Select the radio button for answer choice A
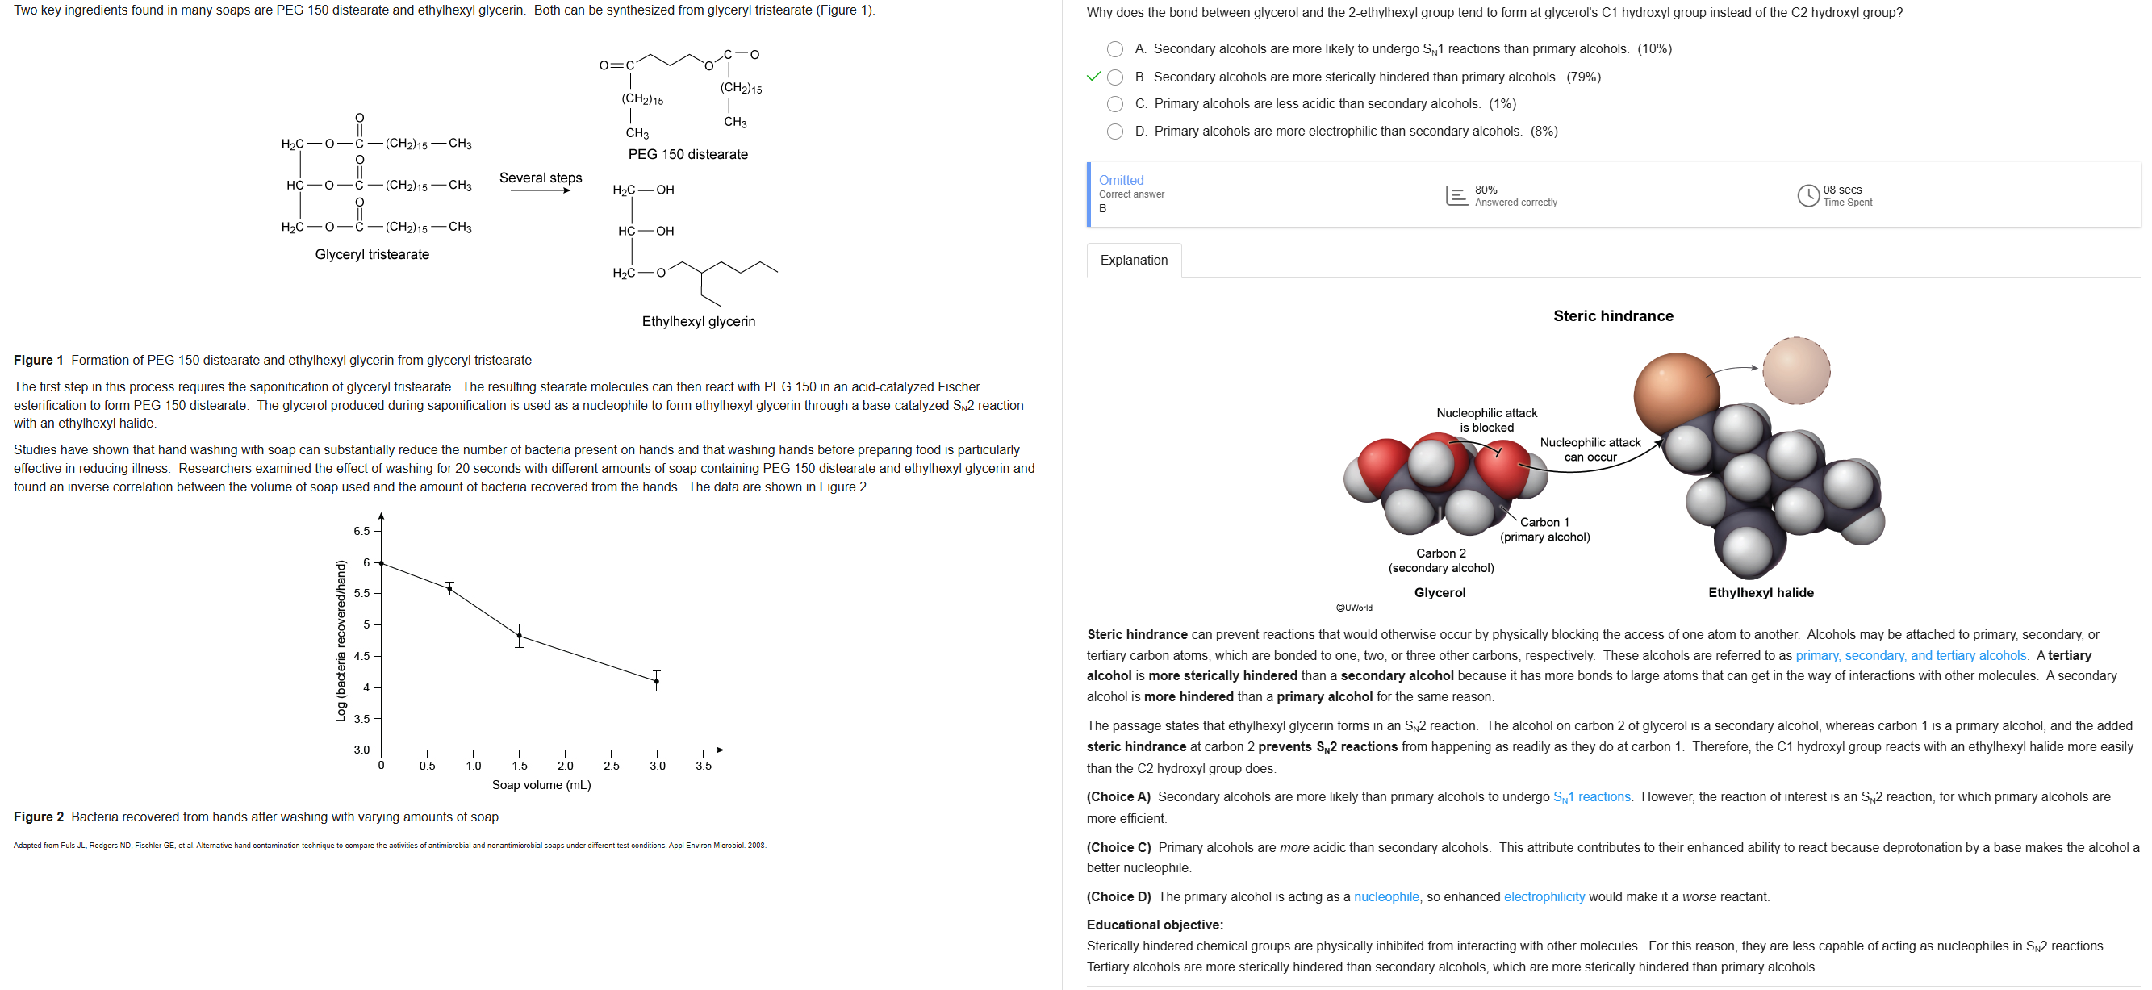click(1114, 49)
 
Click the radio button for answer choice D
click(1114, 132)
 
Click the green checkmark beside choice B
click(1093, 77)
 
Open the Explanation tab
click(1134, 260)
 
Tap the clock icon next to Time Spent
click(1807, 195)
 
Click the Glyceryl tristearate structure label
click(372, 254)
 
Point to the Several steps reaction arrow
click(541, 190)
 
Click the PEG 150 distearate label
click(687, 155)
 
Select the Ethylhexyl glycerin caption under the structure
click(699, 322)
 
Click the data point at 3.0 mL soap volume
click(657, 682)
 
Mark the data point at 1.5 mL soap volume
click(519, 637)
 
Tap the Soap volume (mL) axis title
click(541, 785)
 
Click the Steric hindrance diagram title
click(1612, 315)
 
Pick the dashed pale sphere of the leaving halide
click(1795, 371)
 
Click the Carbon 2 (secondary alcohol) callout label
click(1441, 561)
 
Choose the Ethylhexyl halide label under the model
click(1760, 592)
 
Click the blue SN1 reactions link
click(1591, 797)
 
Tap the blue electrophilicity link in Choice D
click(1544, 897)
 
